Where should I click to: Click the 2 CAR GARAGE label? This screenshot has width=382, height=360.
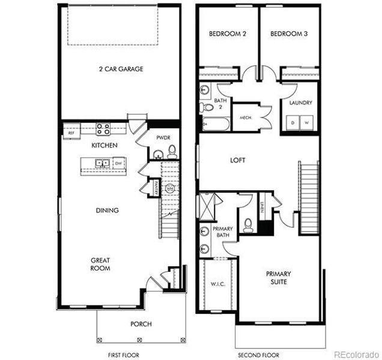click(x=121, y=69)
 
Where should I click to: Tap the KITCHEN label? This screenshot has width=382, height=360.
click(x=104, y=146)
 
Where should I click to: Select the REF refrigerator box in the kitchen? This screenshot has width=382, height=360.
click(x=71, y=133)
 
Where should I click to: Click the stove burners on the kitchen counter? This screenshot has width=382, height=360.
click(x=103, y=127)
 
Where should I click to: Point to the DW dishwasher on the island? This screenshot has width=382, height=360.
click(x=119, y=163)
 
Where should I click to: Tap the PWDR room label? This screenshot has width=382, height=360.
click(x=163, y=137)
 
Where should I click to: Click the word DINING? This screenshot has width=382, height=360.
click(x=107, y=211)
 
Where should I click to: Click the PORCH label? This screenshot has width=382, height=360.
click(x=141, y=325)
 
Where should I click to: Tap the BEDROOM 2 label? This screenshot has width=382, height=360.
click(x=228, y=34)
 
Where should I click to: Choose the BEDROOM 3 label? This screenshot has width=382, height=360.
click(x=289, y=34)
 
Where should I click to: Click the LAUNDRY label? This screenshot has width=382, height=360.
click(x=300, y=103)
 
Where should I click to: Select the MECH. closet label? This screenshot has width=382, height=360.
click(x=245, y=118)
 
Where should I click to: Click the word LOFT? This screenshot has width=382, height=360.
click(x=238, y=160)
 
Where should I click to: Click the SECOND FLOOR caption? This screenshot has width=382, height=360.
click(x=258, y=355)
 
